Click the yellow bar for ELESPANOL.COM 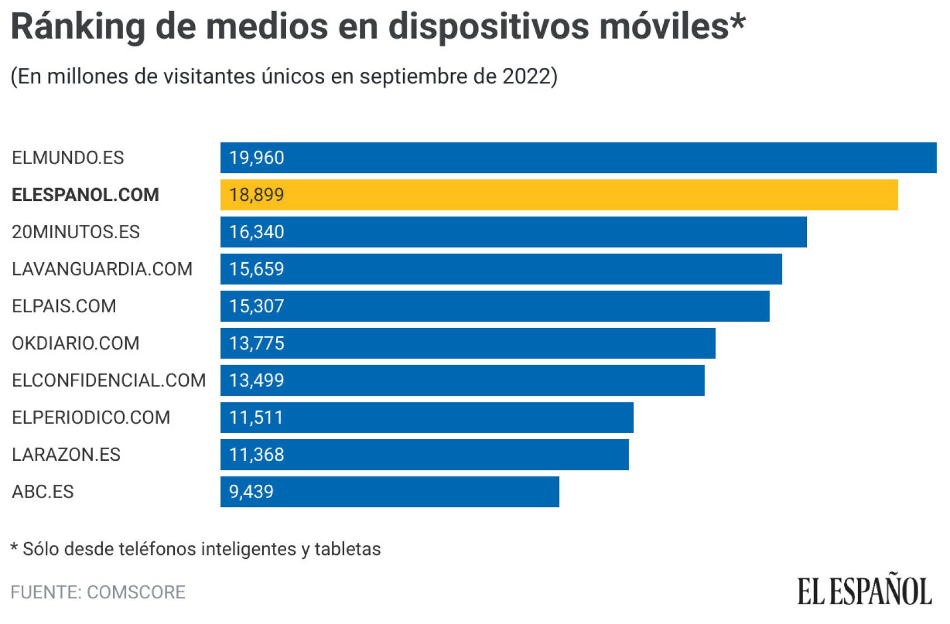point(559,195)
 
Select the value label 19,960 point(256,158)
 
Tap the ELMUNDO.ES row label point(68,158)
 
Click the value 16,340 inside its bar point(256,232)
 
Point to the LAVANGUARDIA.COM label point(102,269)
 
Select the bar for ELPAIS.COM point(494,306)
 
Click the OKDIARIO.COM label point(76,343)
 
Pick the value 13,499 point(256,381)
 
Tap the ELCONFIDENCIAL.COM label point(109,381)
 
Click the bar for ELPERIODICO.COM point(427,417)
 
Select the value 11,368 point(256,455)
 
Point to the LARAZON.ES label point(66,455)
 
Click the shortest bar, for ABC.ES point(390,492)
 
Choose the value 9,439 point(251,492)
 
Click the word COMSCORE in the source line point(136,592)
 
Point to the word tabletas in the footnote point(347,549)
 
